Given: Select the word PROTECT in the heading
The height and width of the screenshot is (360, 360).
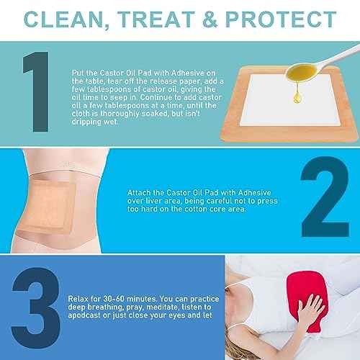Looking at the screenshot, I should click(285, 18).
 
